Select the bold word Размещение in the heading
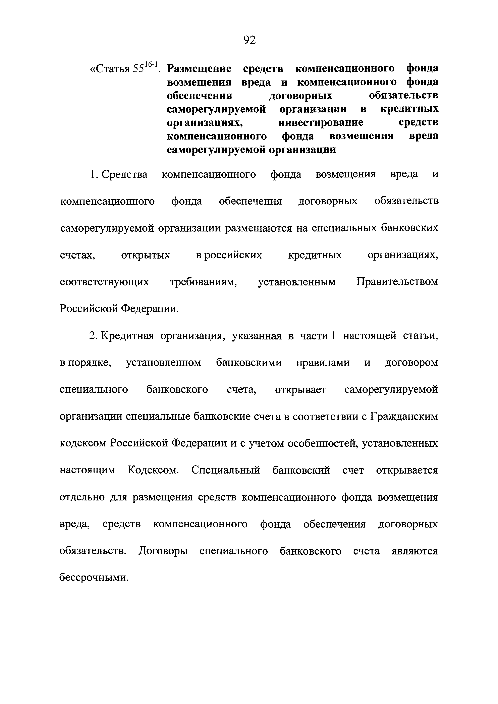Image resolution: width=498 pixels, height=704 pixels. pos(199,69)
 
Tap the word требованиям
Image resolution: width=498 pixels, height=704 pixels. pos(203,282)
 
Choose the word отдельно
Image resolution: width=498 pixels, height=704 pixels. pos(82,497)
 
